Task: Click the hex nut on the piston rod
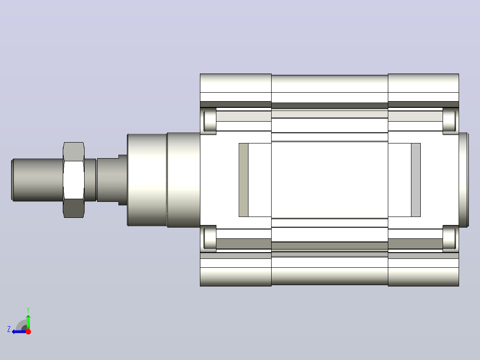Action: click(73, 180)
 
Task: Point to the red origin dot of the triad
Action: click(28, 331)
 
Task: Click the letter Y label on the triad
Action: click(28, 310)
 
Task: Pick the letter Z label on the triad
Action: click(9, 329)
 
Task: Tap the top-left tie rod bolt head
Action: click(210, 121)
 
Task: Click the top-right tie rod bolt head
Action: click(449, 121)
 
